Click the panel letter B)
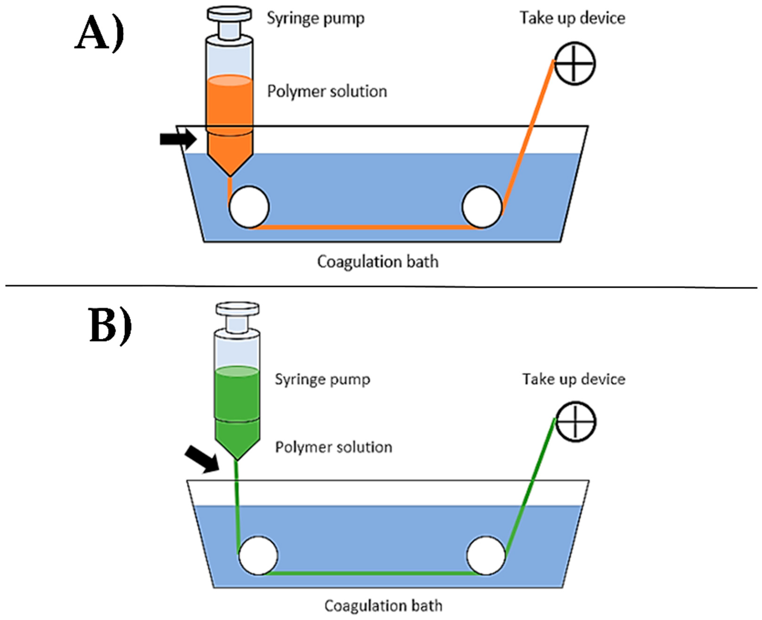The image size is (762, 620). pos(109,326)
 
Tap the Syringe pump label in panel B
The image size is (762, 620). pos(322,379)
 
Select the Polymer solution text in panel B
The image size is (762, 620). pos(333,447)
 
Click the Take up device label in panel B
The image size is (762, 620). pos(574,379)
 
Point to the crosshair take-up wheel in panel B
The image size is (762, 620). pos(576,422)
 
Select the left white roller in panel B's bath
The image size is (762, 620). pos(258,556)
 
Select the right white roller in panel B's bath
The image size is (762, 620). pos(486,556)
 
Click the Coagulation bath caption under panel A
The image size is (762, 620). pos(378,262)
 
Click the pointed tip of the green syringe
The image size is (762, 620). pos(237,457)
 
